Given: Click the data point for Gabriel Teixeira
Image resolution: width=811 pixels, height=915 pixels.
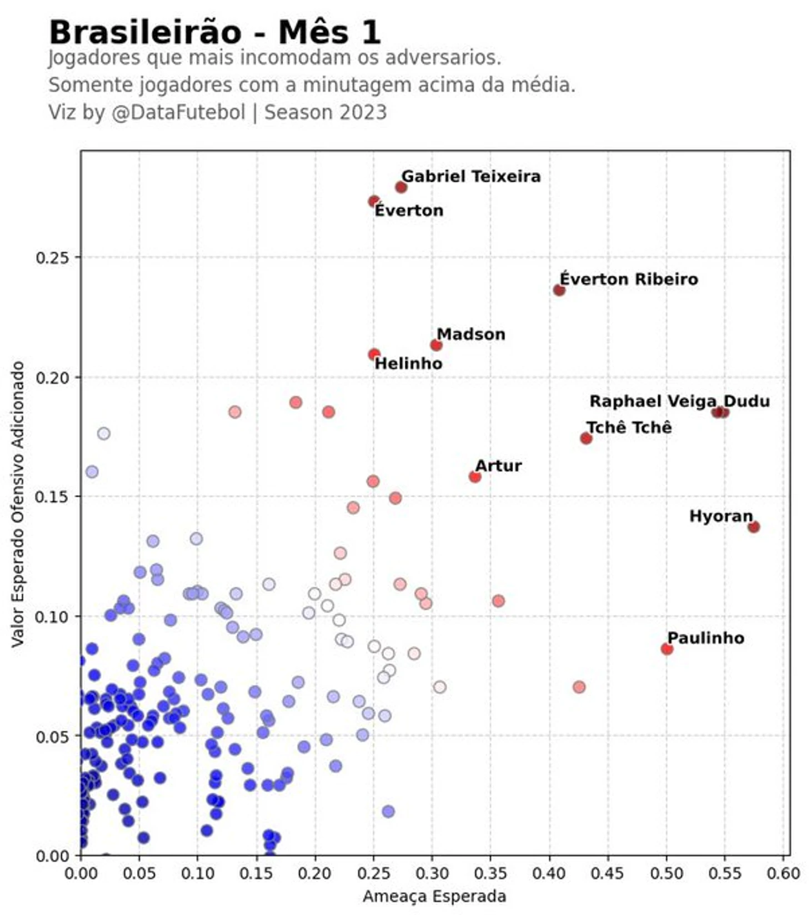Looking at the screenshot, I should [x=401, y=187].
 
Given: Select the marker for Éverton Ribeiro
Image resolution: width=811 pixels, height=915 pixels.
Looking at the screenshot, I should [x=559, y=290].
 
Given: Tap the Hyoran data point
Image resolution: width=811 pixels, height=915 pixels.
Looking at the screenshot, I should [x=753, y=527].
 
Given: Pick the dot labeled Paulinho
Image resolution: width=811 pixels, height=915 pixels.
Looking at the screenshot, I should [x=667, y=649].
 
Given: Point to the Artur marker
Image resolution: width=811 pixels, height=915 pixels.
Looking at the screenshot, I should [x=474, y=477].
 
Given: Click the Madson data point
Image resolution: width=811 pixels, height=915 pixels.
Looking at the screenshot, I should [x=436, y=345].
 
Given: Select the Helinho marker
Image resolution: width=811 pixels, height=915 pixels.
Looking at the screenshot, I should [x=374, y=354].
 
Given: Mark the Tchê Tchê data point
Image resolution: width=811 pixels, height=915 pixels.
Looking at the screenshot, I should [x=586, y=439].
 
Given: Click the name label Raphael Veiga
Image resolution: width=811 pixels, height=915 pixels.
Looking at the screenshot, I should [x=653, y=401].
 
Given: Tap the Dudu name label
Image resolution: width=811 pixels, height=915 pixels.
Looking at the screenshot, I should [x=747, y=401].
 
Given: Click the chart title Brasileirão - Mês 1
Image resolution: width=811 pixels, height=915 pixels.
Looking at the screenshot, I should [x=215, y=32].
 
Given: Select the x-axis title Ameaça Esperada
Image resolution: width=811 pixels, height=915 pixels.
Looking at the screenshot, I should [x=434, y=896].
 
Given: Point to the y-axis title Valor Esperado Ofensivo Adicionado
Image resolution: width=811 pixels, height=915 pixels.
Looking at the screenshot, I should [x=18, y=504].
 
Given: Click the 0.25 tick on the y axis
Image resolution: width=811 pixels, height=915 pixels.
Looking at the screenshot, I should [x=51, y=257].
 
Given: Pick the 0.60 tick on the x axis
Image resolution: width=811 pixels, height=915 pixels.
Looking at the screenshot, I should [x=784, y=873].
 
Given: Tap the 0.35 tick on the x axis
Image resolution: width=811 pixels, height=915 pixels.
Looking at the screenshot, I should [x=491, y=873].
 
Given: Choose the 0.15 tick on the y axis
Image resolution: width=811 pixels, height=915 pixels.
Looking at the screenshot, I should [x=51, y=496].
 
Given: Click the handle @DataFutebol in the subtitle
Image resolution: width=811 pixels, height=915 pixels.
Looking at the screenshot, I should [x=178, y=112].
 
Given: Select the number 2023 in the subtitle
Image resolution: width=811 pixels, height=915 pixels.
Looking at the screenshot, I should [x=364, y=112].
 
